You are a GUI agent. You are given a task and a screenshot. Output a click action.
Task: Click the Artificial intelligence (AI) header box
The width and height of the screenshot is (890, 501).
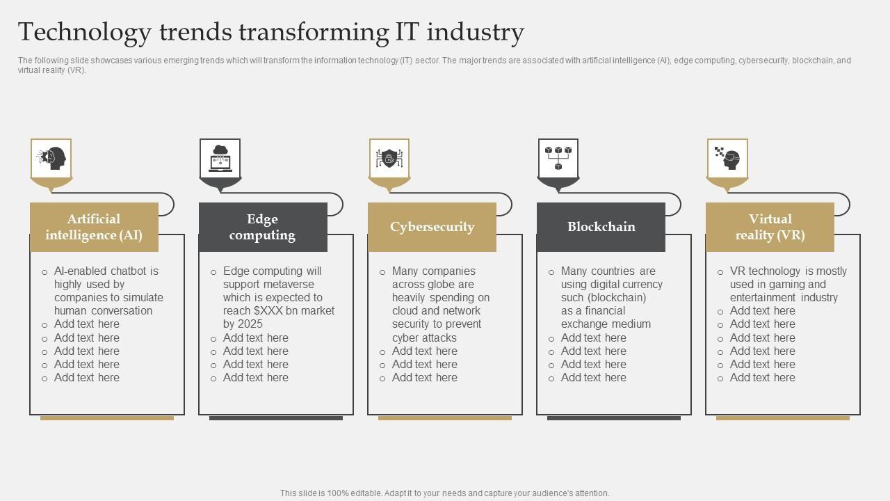(94, 227)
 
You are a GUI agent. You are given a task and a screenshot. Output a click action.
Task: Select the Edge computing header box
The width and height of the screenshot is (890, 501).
(263, 227)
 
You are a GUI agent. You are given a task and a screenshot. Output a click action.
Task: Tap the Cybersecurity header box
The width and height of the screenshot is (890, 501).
(432, 227)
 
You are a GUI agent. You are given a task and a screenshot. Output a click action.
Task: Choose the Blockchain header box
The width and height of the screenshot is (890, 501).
(601, 227)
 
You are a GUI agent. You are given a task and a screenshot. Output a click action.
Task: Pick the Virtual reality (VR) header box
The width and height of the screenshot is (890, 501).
(770, 227)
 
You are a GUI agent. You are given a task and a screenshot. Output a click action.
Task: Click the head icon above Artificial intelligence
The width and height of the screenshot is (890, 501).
(51, 159)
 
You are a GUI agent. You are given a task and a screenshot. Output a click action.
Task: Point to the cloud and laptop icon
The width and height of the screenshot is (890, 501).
(220, 159)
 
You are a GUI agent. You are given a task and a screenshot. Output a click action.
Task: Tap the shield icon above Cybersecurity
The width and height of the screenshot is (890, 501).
(389, 159)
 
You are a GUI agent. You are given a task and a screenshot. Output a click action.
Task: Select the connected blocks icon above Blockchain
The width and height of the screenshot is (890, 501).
(558, 159)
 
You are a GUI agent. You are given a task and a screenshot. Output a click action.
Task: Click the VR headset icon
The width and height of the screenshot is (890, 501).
(727, 159)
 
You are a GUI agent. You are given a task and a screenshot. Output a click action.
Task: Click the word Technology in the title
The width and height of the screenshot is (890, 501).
(84, 33)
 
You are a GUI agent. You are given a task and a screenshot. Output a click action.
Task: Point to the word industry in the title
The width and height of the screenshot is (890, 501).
(475, 33)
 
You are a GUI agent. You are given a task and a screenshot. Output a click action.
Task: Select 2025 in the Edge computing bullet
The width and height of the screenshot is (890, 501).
(250, 324)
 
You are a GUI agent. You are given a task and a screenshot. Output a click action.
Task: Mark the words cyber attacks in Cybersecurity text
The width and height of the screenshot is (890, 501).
(424, 338)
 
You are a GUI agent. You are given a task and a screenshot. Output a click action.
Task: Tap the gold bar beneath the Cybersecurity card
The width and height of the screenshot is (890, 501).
(445, 418)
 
